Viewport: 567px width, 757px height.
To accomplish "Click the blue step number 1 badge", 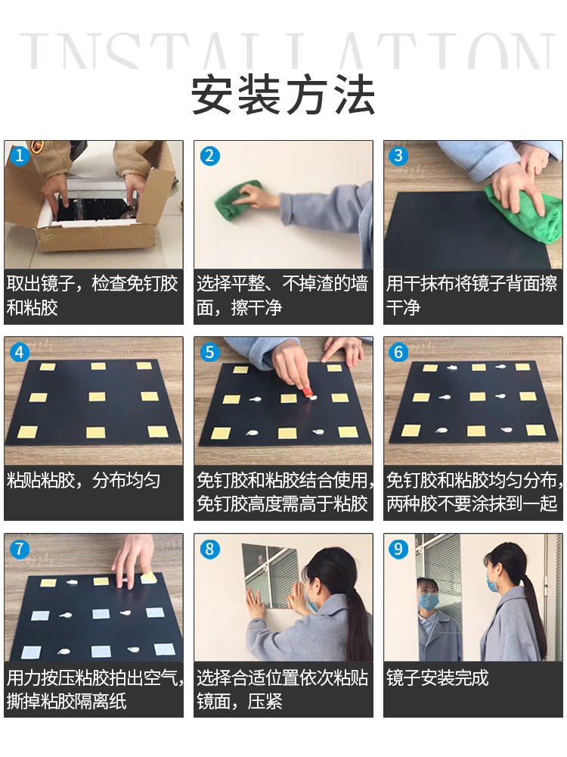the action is coord(20,155).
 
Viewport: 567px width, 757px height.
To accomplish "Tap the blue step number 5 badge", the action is coord(209,352).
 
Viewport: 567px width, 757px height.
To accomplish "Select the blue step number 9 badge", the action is coord(398,549).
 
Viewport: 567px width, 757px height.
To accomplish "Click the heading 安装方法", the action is coord(283,95).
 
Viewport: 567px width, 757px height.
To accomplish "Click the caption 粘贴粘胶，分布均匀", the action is coord(83,481).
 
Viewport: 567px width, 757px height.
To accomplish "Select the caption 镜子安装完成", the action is coord(437,678).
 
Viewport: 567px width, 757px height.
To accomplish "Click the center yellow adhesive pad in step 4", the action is coord(97,397).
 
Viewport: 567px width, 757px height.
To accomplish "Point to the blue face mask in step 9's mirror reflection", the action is coord(428,601).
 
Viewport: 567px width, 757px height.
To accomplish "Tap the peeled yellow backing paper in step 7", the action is coord(149,577).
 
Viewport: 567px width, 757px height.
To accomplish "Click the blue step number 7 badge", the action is coord(20,549).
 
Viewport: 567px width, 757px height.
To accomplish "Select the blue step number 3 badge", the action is coord(398,155).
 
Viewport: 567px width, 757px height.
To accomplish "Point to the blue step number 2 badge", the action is coord(209,155).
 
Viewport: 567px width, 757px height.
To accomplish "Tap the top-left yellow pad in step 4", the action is coord(47,367).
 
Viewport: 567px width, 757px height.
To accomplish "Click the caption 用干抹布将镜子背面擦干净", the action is coord(472,295).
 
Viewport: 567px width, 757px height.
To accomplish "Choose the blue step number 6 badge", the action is coord(398,352).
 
